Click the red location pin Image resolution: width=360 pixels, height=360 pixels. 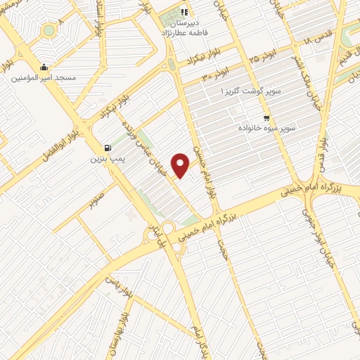[181, 165]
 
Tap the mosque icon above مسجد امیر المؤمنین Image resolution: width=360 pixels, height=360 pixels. [44, 67]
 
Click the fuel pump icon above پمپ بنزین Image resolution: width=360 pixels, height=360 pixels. [107, 148]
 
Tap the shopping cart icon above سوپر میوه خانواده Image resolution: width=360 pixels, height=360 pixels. [266, 117]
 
